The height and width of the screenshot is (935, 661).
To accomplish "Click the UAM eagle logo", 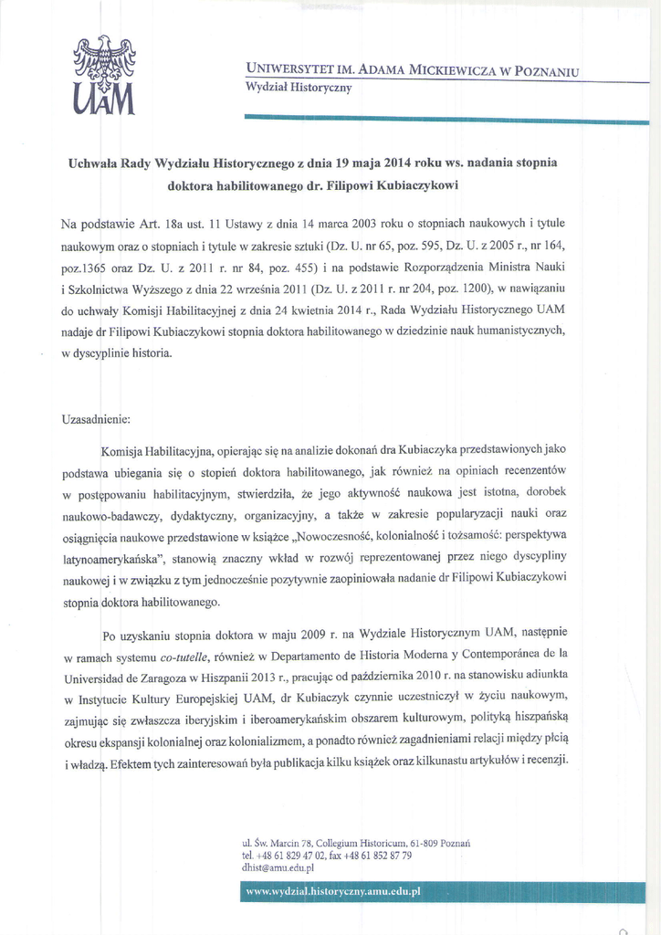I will coord(103,77).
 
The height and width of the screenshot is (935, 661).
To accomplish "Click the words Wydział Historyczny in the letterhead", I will coord(299,89).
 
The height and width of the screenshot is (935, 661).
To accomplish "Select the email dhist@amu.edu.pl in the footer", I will coord(278,868).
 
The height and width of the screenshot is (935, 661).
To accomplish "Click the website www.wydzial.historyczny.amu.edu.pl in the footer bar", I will coord(332,892).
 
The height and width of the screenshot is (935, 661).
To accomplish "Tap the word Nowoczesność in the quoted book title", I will coord(351,536).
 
